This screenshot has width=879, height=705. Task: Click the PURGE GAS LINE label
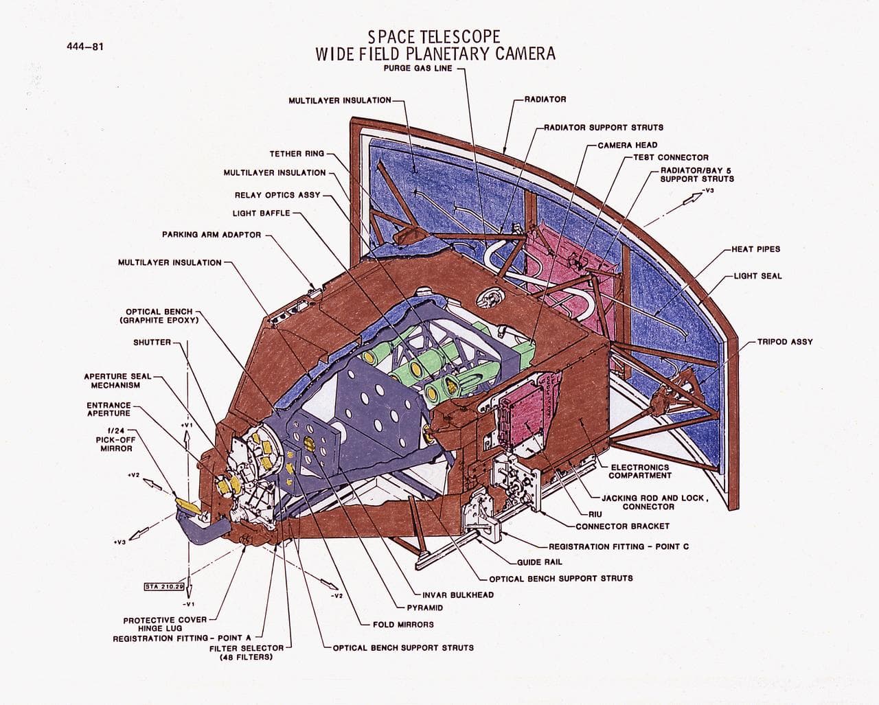pyautogui.click(x=418, y=69)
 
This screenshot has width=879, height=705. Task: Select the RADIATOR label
pyautogui.click(x=545, y=100)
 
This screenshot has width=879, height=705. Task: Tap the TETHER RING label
pyautogui.click(x=296, y=154)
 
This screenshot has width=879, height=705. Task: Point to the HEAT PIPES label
pyautogui.click(x=755, y=249)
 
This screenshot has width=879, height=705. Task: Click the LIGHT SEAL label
pyautogui.click(x=757, y=276)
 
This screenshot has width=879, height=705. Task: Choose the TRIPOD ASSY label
pyautogui.click(x=785, y=341)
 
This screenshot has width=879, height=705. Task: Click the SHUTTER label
pyautogui.click(x=152, y=342)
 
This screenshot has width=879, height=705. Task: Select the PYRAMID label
pyautogui.click(x=425, y=608)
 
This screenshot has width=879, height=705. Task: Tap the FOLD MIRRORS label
pyautogui.click(x=403, y=625)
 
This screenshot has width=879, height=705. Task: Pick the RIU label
pyautogui.click(x=595, y=513)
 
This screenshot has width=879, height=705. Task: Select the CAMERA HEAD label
pyautogui.click(x=627, y=145)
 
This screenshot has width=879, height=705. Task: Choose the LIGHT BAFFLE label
pyautogui.click(x=261, y=213)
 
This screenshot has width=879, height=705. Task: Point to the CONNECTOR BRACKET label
pyautogui.click(x=622, y=527)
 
